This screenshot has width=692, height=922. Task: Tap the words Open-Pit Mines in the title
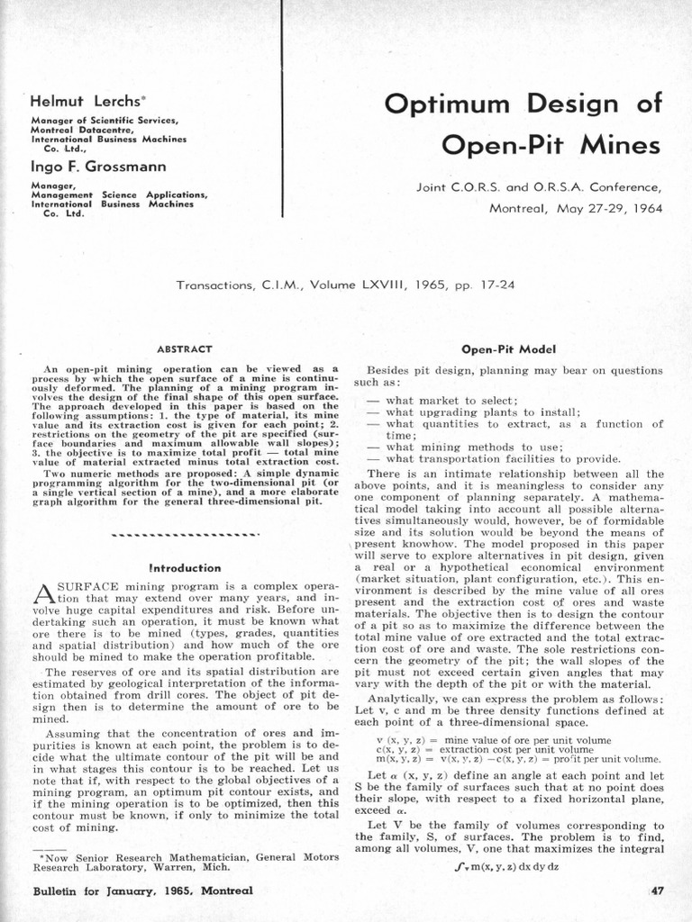(552, 144)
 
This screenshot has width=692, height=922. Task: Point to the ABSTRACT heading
(184, 348)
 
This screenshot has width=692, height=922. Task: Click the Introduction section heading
(184, 568)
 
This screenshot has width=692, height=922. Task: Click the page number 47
(656, 890)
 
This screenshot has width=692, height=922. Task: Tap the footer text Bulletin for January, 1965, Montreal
(141, 890)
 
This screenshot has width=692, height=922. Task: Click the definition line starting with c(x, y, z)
(494, 749)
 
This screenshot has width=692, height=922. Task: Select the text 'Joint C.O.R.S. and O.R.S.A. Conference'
(538, 188)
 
